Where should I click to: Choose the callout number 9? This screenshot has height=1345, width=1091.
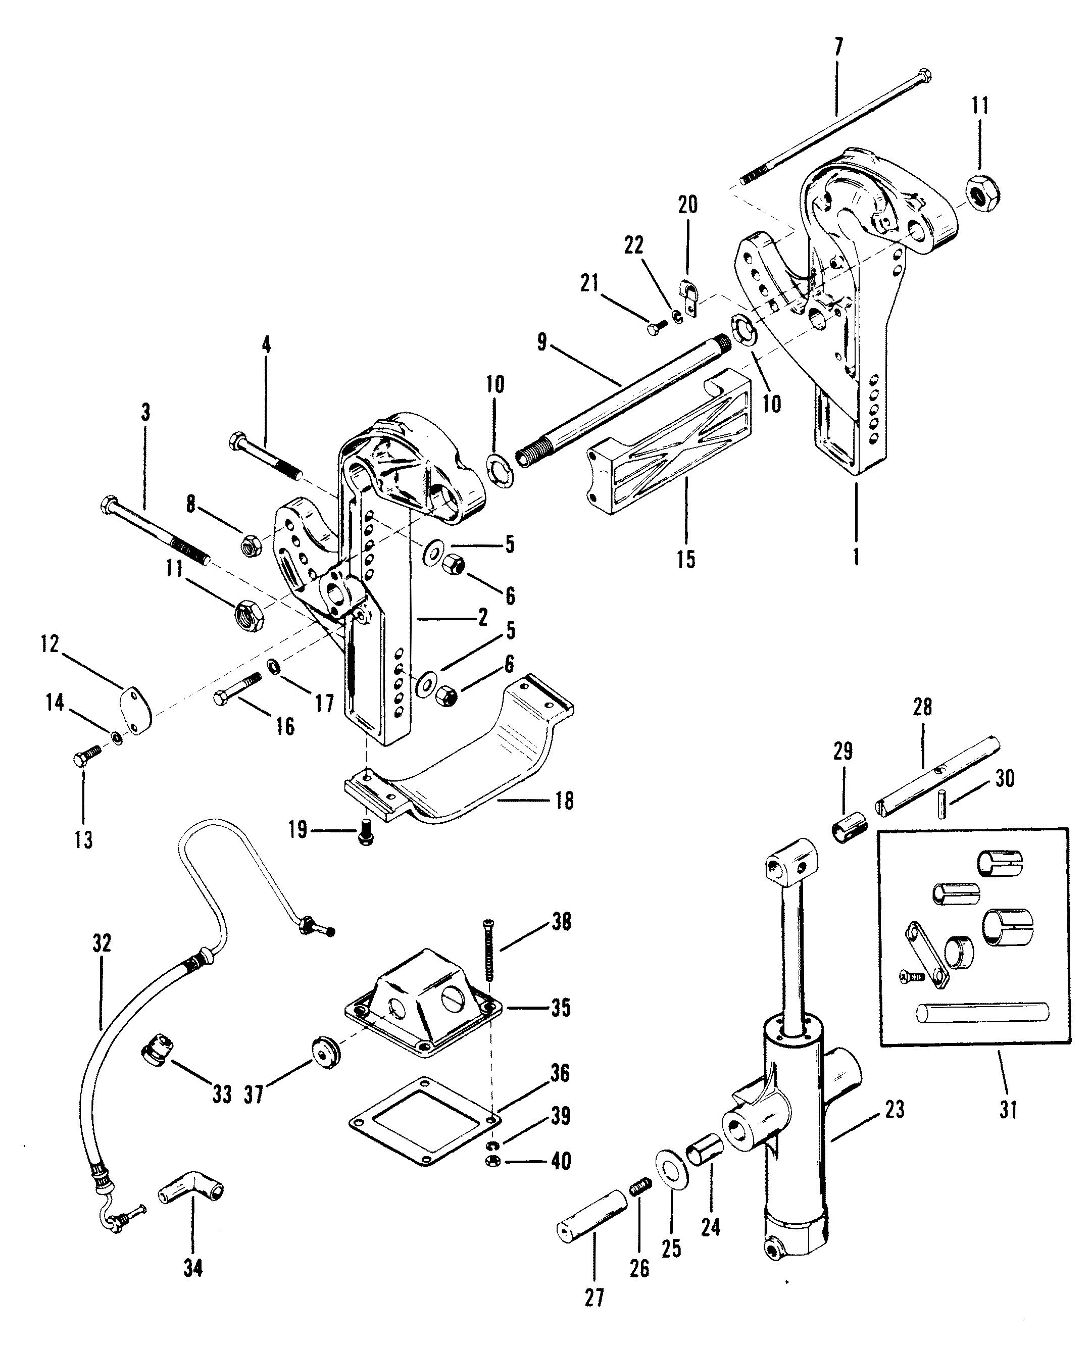(x=542, y=342)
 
